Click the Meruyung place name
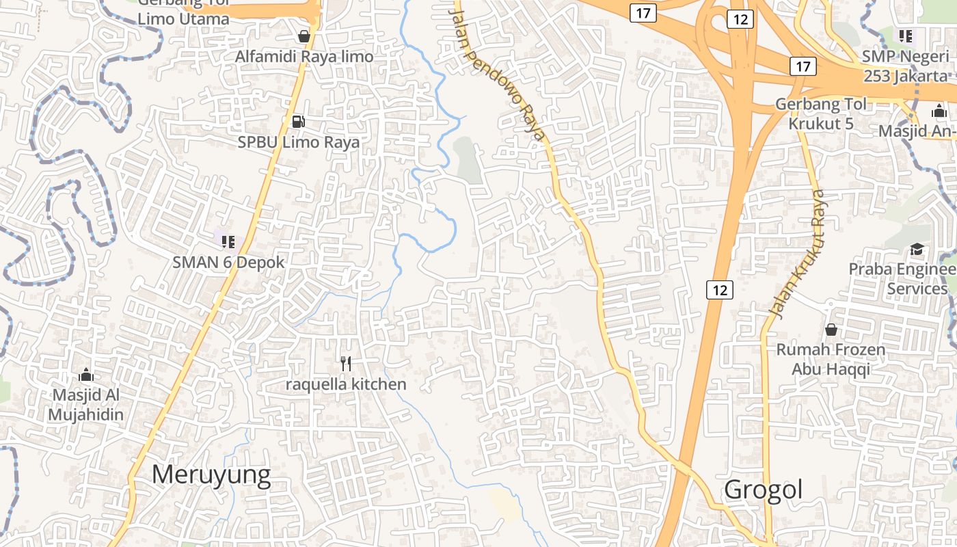(211, 475)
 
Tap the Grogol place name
(763, 490)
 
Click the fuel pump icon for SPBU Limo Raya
(298, 122)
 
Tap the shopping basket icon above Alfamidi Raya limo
(304, 36)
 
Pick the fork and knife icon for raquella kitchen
(346, 363)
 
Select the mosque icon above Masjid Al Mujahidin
(86, 375)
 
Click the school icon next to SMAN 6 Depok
(228, 241)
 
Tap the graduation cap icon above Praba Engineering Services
(916, 249)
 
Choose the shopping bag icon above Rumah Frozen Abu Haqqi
(831, 330)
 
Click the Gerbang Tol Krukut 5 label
(821, 114)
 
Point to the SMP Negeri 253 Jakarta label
(906, 66)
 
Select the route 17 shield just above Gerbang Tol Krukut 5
(803, 66)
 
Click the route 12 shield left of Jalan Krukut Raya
(719, 290)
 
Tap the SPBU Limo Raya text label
(299, 143)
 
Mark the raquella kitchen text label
(346, 384)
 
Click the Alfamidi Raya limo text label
(304, 57)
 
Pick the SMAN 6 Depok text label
(228, 262)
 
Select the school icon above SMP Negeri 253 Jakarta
(906, 36)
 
